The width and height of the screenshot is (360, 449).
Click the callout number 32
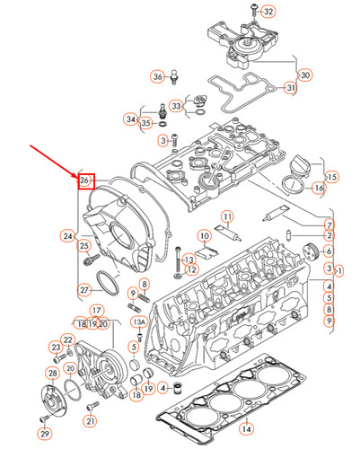(x=269, y=11)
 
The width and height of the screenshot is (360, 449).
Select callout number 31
(x=290, y=88)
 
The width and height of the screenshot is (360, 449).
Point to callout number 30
(x=304, y=75)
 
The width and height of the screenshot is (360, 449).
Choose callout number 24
(x=68, y=236)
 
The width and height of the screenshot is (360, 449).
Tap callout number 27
(x=84, y=289)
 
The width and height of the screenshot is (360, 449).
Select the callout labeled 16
(x=319, y=188)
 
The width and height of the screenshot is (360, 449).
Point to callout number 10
(x=204, y=236)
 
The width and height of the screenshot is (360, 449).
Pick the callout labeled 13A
(x=139, y=321)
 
